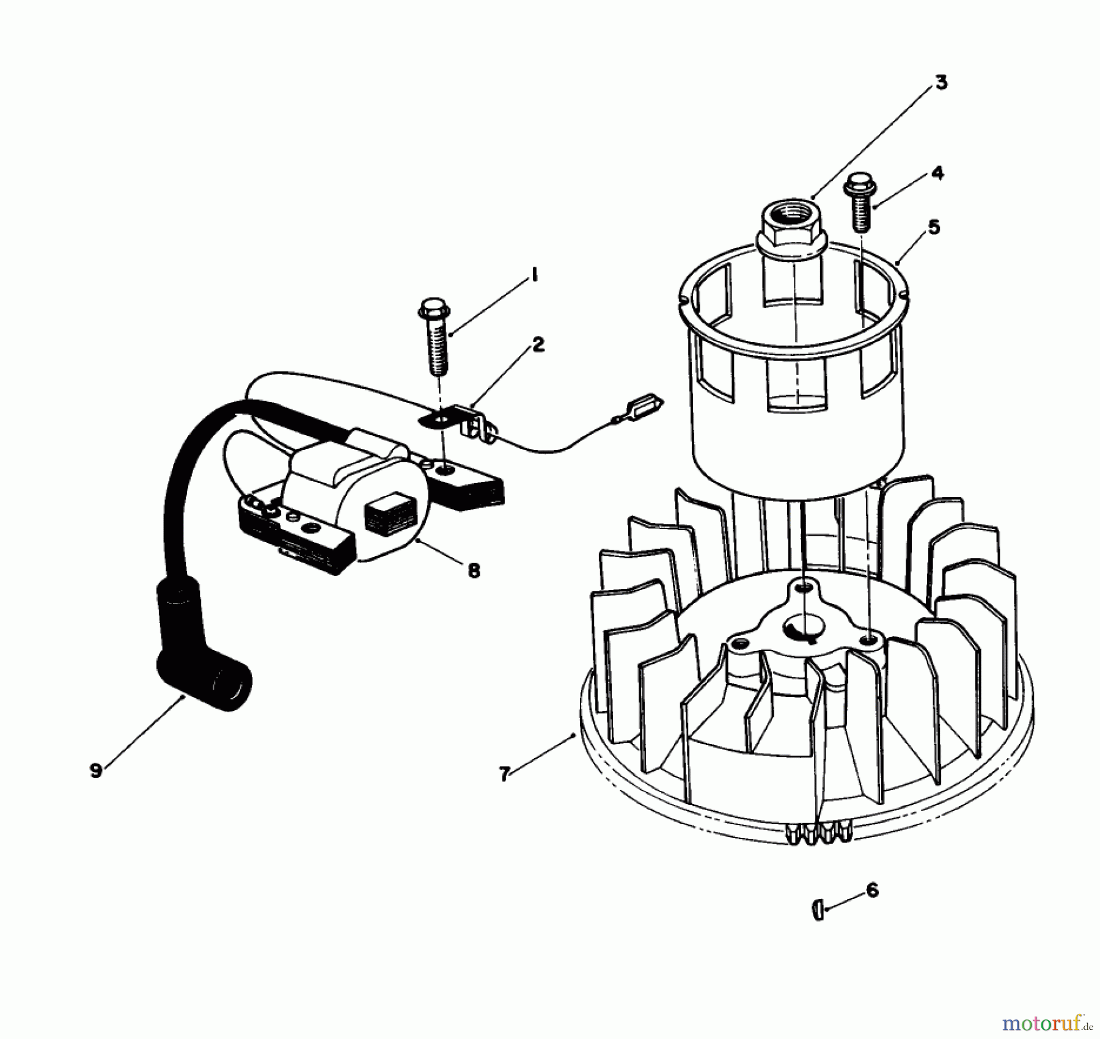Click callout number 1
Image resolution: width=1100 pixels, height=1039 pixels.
pyautogui.click(x=533, y=277)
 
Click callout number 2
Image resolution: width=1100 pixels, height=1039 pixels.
pyautogui.click(x=538, y=346)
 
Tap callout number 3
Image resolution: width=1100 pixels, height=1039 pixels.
pyautogui.click(x=941, y=83)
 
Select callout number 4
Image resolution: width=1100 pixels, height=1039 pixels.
pyautogui.click(x=937, y=173)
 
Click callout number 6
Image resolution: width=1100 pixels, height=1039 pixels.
pyautogui.click(x=873, y=890)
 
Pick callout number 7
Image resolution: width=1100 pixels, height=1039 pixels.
pyautogui.click(x=504, y=775)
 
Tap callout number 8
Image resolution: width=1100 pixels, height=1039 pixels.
pyautogui.click(x=474, y=571)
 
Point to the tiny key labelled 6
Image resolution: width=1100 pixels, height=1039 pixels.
pyautogui.click(x=818, y=910)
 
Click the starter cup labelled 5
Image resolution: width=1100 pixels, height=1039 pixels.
pyautogui.click(x=794, y=379)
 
